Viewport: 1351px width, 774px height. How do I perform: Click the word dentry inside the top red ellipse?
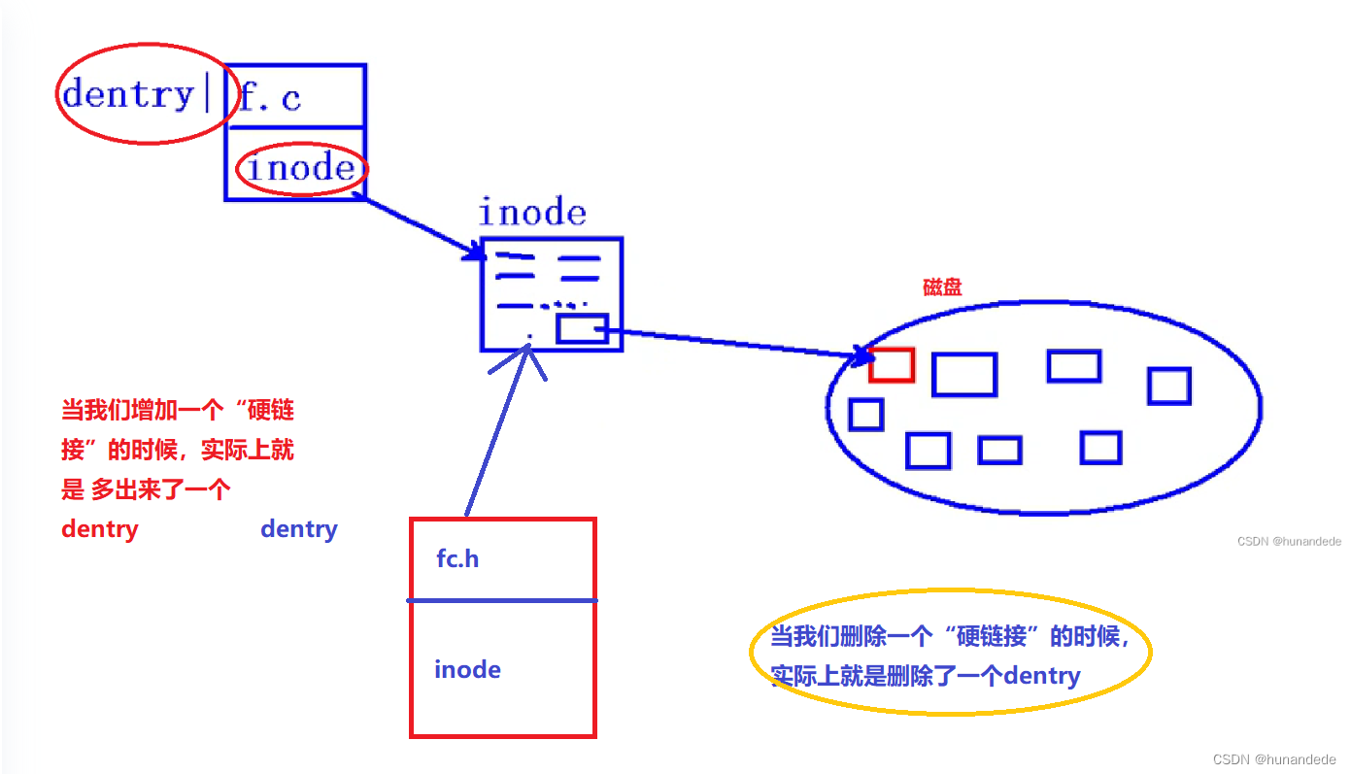tap(128, 94)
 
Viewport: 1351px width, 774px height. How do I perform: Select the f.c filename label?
tap(270, 97)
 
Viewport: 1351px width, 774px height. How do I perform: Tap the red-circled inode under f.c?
tap(301, 169)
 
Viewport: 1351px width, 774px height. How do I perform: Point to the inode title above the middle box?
tap(532, 213)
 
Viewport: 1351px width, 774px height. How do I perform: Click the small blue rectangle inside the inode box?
tap(582, 329)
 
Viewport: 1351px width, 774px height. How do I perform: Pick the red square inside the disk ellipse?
tap(892, 364)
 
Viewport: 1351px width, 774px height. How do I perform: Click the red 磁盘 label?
tap(942, 287)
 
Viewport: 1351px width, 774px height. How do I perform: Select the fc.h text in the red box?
tap(457, 559)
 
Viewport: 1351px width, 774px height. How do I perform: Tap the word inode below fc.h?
tap(467, 670)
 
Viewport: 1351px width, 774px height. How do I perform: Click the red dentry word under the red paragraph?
tap(99, 529)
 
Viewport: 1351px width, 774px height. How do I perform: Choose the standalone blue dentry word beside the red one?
tap(299, 529)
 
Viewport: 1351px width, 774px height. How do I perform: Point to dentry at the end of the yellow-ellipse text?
tap(1042, 675)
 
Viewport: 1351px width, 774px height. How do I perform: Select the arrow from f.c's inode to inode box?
tap(422, 228)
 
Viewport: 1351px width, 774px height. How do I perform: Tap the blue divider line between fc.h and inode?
tap(501, 601)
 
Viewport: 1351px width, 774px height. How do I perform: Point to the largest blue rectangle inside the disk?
tap(964, 375)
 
